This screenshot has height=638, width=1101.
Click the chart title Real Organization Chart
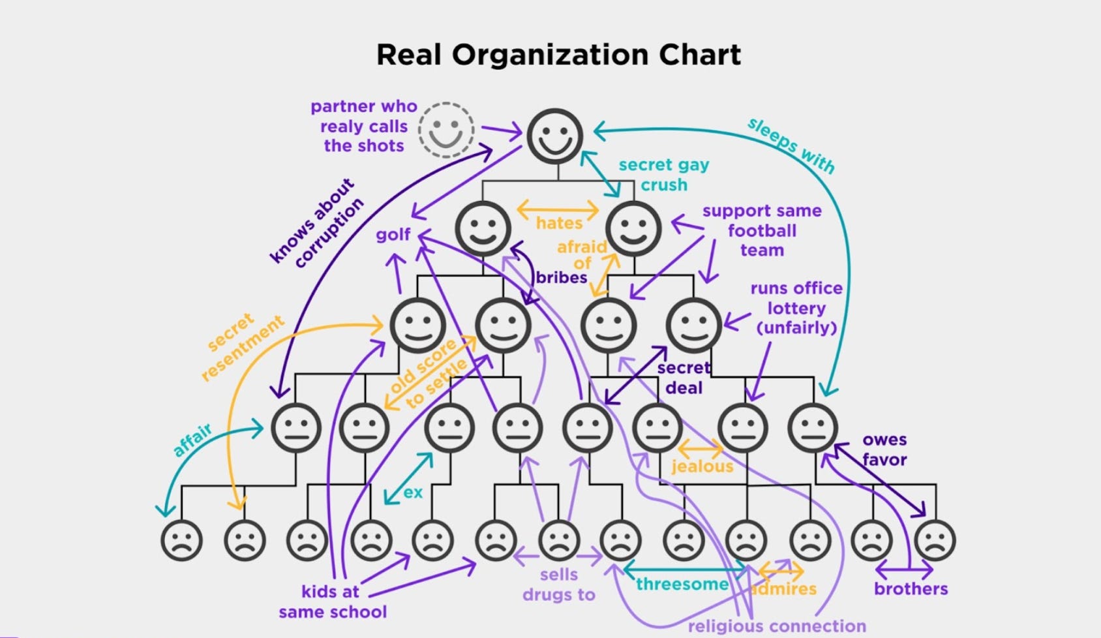point(558,55)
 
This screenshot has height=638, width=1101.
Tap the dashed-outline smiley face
point(446,129)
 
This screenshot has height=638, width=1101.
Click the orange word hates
point(559,223)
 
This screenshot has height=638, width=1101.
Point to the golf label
point(393,234)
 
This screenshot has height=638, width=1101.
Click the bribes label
point(562,277)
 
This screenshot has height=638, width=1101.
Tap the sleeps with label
point(791,145)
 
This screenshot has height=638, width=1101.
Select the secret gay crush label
point(663,175)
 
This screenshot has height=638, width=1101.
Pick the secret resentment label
point(242,346)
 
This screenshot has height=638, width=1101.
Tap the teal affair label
point(192,439)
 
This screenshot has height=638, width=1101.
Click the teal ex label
point(413,492)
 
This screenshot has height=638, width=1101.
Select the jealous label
point(702,466)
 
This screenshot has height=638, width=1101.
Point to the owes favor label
point(884,449)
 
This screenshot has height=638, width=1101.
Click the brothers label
point(911,588)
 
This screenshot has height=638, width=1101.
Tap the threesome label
point(682,584)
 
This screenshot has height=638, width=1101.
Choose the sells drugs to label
point(559,585)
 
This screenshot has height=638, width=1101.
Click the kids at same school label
point(332,601)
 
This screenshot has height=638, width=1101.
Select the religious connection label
point(777,626)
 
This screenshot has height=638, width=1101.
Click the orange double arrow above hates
point(558,210)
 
